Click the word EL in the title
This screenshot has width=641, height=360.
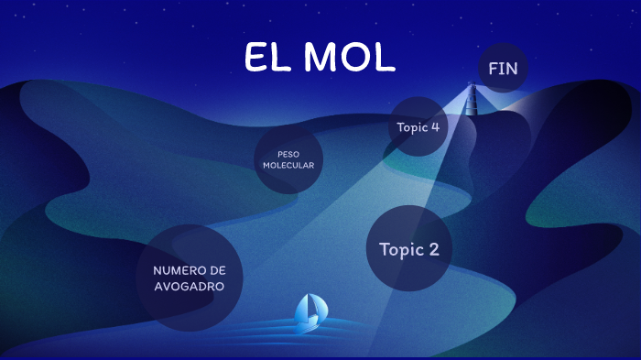tap(267, 58)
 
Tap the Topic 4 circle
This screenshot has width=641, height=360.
tap(418, 126)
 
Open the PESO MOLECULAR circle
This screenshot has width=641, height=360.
tap(288, 159)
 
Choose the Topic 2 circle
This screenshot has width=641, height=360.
tap(409, 249)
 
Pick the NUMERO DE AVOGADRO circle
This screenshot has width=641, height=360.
tap(190, 278)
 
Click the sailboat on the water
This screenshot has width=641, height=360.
tap(310, 312)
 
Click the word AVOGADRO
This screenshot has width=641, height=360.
tap(190, 286)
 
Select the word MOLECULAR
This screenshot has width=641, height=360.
tap(288, 166)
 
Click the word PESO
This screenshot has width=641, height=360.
tap(288, 153)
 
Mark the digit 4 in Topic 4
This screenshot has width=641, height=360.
tap(435, 126)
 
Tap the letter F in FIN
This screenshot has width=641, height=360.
tap(494, 68)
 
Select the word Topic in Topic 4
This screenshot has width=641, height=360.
tap(411, 126)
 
